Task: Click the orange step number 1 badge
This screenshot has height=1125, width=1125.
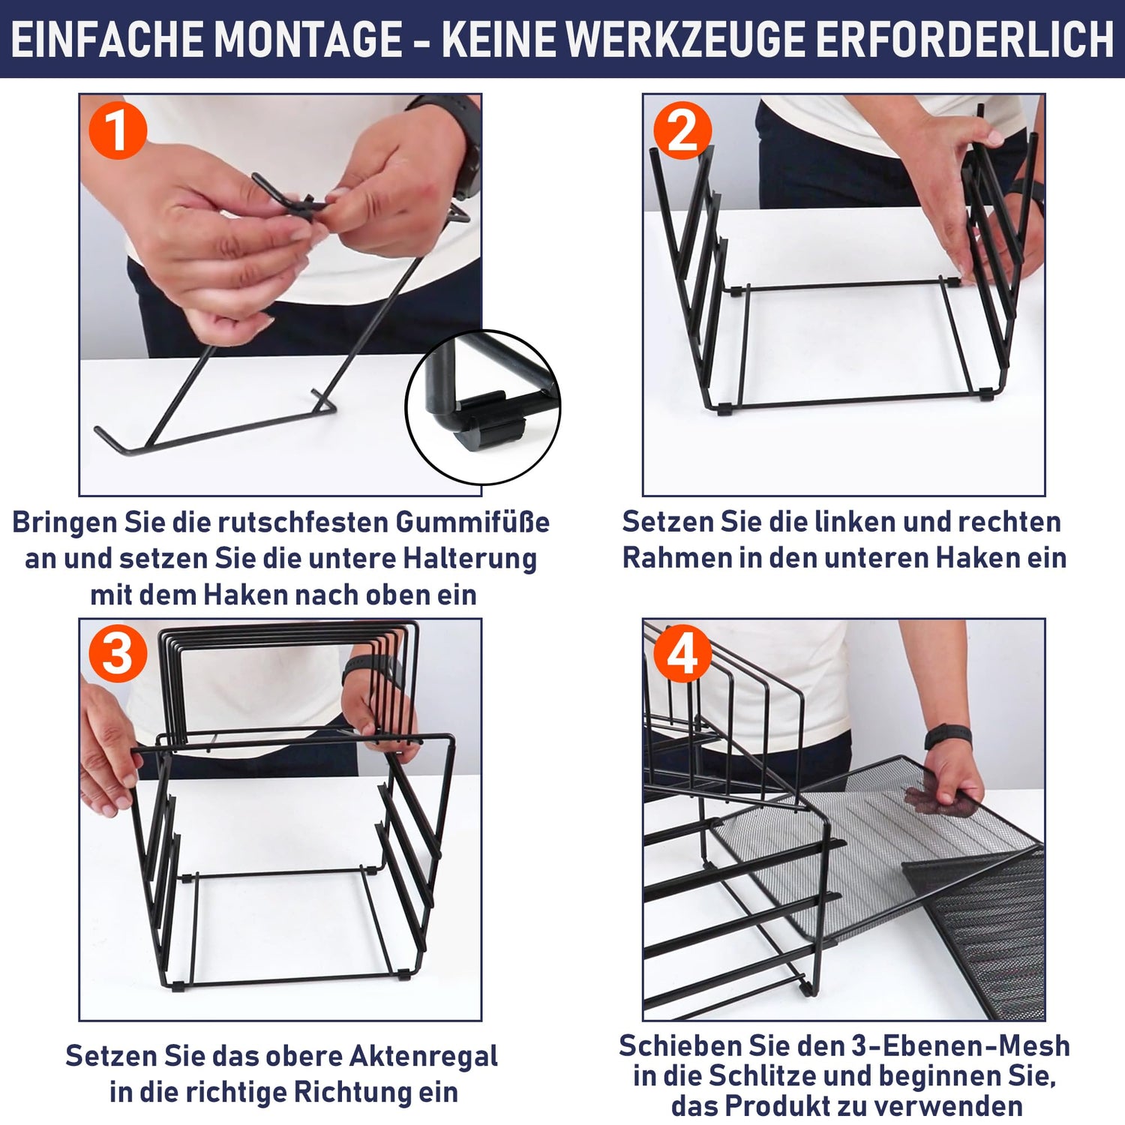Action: tap(118, 130)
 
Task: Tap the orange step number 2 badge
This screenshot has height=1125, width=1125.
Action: tap(682, 130)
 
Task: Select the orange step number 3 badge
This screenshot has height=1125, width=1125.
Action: tap(118, 654)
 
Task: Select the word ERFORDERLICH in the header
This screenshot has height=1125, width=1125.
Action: tap(964, 40)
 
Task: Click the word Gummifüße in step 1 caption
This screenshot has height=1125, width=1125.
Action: tap(472, 522)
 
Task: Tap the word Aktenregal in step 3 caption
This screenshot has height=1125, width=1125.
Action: tap(424, 1056)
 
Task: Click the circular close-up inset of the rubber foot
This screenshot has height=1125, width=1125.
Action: tap(482, 406)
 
